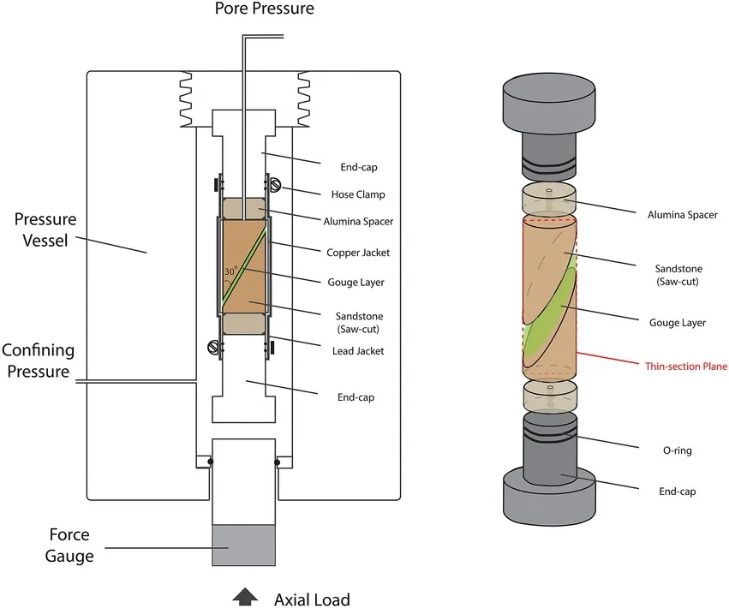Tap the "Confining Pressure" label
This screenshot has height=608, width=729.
pyautogui.click(x=38, y=361)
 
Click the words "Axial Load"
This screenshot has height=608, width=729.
pyautogui.click(x=311, y=598)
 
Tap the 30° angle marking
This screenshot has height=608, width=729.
pyautogui.click(x=230, y=271)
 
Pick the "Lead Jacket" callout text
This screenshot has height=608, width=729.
pyautogui.click(x=358, y=350)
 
